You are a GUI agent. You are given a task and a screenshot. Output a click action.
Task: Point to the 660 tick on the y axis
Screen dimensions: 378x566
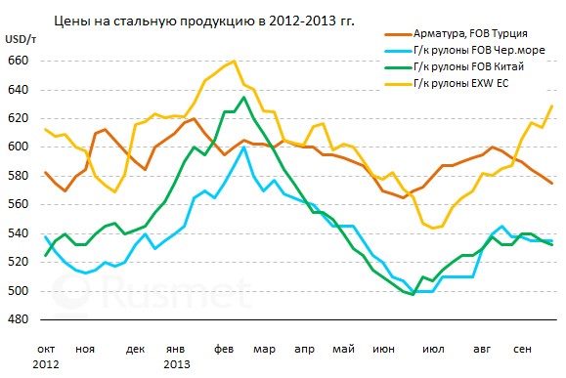tap(19, 61)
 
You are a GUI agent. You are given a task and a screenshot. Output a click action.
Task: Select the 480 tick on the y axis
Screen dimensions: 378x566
tap(19, 320)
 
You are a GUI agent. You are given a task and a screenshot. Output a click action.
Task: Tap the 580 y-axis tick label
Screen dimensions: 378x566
tap(19, 176)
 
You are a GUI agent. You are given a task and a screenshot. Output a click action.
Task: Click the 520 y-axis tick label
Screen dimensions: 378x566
tap(19, 263)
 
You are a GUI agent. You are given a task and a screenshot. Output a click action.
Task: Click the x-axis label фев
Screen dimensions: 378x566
tap(224, 348)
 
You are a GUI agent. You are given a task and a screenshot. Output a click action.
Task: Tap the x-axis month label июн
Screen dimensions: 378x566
tap(385, 348)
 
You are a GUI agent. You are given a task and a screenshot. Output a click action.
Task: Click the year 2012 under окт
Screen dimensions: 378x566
tap(45, 363)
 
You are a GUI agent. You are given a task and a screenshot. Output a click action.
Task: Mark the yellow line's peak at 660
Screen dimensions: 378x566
tap(234, 62)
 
